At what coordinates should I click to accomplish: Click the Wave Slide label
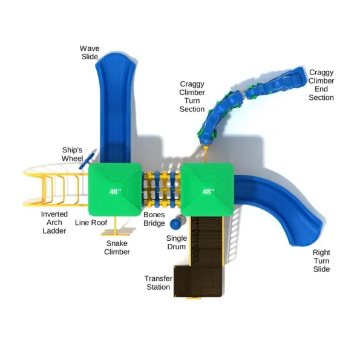pyautogui.click(x=90, y=53)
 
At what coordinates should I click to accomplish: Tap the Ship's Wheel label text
pyautogui.click(x=72, y=154)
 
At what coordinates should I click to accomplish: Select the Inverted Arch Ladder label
pyautogui.click(x=54, y=223)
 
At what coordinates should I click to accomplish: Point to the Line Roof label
pyautogui.click(x=91, y=223)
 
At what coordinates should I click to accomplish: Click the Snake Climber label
pyautogui.click(x=117, y=247)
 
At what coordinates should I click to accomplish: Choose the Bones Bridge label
pyautogui.click(x=154, y=219)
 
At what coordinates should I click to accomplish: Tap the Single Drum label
pyautogui.click(x=176, y=243)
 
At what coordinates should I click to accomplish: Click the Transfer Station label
pyautogui.click(x=159, y=283)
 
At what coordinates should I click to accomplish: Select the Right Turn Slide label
pyautogui.click(x=321, y=261)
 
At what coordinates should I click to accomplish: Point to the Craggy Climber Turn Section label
pyautogui.click(x=192, y=96)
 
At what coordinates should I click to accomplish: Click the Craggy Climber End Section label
pyautogui.click(x=321, y=85)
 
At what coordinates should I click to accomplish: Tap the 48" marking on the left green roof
pyautogui.click(x=115, y=191)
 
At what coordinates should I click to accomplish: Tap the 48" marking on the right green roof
pyautogui.click(x=208, y=191)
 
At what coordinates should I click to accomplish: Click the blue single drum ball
pyautogui.click(x=176, y=224)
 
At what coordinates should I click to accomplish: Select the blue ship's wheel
pyautogui.click(x=87, y=159)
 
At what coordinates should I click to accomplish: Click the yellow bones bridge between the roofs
pyautogui.click(x=161, y=189)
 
